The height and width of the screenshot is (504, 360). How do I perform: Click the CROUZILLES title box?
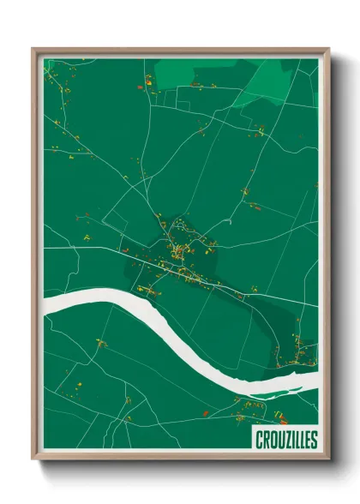285,440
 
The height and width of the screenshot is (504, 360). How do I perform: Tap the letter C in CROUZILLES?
259,440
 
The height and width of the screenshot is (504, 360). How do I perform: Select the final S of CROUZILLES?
313,440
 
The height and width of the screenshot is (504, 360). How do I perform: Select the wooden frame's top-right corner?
327,50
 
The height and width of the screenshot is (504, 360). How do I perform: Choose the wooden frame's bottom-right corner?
327,459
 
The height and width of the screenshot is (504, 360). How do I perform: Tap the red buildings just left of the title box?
241,420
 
